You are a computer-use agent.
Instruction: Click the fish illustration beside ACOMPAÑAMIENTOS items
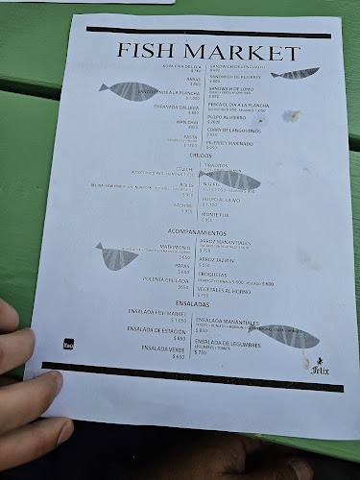coord(123,256)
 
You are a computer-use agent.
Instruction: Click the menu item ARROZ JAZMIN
coord(219,264)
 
